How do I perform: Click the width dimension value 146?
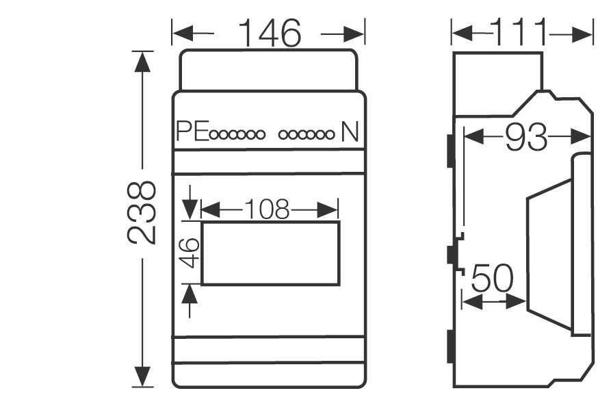coord(269,33)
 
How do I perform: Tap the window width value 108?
coord(270,210)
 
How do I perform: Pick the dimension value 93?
coord(527,139)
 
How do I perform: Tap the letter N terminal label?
coord(350,131)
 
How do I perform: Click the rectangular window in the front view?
coord(270,253)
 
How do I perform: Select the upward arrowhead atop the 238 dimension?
coord(142,62)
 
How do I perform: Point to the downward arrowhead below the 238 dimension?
coord(142,376)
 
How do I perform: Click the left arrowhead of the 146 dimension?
coord(180,32)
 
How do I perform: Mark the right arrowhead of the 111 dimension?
coord(583,32)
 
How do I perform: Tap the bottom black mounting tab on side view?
coord(450,347)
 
